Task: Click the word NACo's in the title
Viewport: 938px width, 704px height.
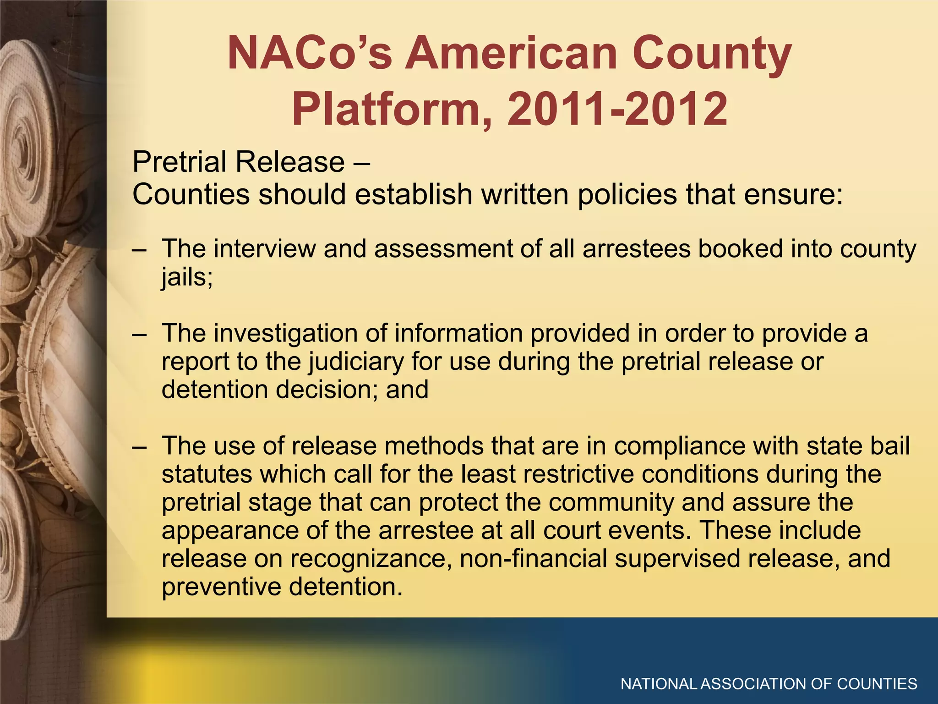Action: tap(310, 54)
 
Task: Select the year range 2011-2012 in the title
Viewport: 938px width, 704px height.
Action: tap(617, 109)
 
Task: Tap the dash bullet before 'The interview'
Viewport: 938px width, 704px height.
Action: tap(139, 250)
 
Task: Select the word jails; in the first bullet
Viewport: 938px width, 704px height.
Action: tap(187, 277)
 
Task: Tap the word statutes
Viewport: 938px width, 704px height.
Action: tap(207, 474)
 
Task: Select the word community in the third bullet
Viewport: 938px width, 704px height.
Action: tap(611, 502)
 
